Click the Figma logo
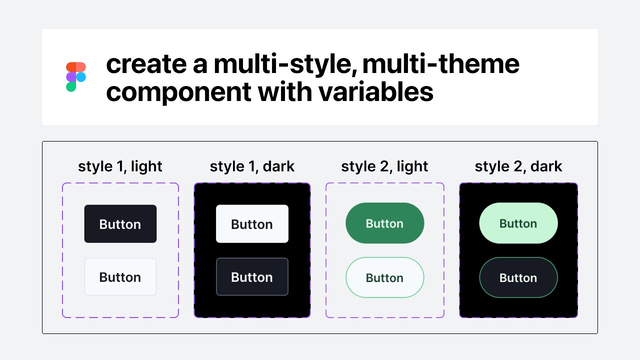(76, 77)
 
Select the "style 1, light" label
(120, 166)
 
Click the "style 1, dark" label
(252, 166)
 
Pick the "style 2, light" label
(384, 166)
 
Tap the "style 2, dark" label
(518, 166)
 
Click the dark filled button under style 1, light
(120, 224)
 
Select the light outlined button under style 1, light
(120, 277)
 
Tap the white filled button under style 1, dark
(252, 224)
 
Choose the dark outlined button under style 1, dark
(252, 277)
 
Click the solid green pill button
(384, 223)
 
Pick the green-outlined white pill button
(384, 277)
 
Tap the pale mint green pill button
(518, 223)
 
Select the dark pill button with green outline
(518, 277)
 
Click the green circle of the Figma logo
(71, 87)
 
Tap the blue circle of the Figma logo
(81, 77)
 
